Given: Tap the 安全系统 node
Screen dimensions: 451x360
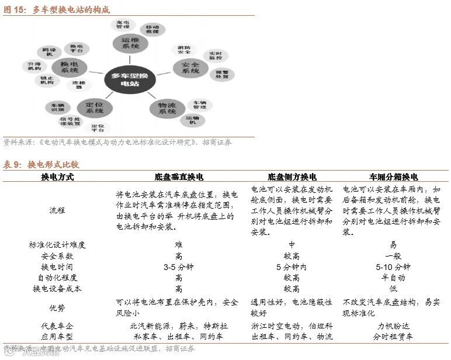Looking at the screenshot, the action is coord(190,67).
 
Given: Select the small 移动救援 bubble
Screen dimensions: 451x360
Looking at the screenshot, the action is coord(153,29).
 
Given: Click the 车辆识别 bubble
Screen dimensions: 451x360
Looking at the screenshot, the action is coord(57,108).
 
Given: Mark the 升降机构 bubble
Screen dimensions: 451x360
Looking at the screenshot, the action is coord(34,65).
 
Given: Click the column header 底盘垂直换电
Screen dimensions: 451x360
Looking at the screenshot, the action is coord(179,176).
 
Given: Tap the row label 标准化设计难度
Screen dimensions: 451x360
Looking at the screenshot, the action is coord(57,245).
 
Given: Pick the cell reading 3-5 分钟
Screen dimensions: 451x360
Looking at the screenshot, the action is coord(178,267).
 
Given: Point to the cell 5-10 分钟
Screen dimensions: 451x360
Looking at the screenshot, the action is coord(393,267).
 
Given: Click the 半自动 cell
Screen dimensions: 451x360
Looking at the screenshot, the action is coord(393,278).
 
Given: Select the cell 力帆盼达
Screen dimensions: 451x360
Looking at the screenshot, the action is coord(393,326).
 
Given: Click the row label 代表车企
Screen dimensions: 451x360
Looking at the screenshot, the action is coord(57,326).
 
